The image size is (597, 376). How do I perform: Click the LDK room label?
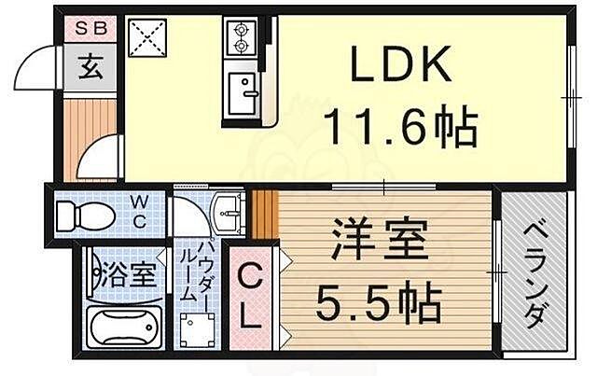click(402, 66)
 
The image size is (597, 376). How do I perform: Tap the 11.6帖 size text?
click(401, 126)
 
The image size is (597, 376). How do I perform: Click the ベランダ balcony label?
click(534, 275)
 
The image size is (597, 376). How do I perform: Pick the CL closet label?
click(248, 295)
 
